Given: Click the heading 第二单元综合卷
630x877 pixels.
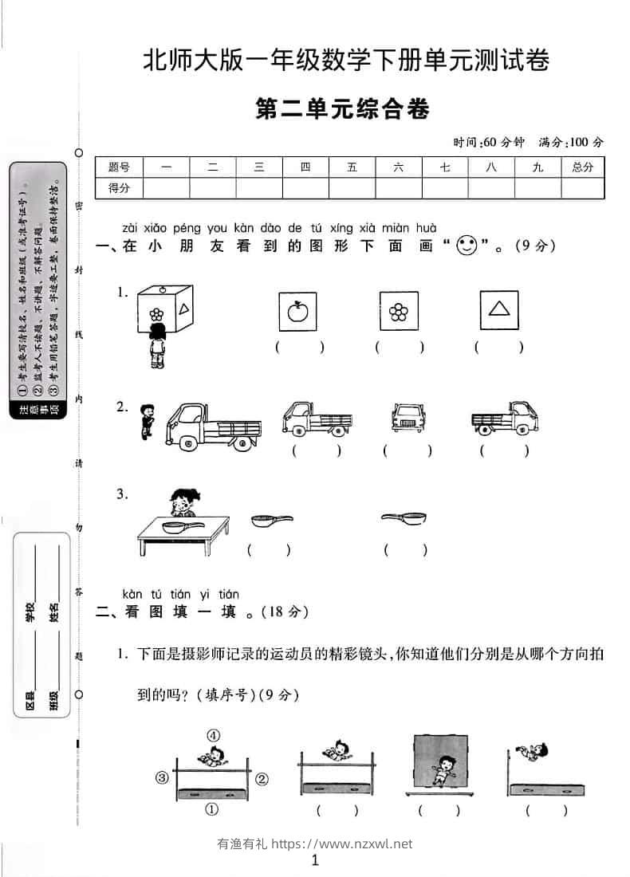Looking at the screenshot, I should coord(342,108).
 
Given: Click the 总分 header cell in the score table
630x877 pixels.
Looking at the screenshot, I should coord(582,167).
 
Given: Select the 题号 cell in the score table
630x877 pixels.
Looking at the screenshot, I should coord(119,167).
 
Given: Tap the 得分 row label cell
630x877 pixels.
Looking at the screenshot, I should coord(119,188).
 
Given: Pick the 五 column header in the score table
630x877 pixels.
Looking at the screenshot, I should coord(352,167).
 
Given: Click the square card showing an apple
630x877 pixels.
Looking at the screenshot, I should coord(297,310).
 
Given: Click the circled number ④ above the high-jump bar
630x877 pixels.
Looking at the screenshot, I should coord(213,735).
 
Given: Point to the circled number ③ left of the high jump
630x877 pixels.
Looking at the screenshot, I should coord(162,777).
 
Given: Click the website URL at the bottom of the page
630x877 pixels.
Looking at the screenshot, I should coord(342,844).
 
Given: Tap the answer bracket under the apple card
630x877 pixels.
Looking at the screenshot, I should coord(299,347).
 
